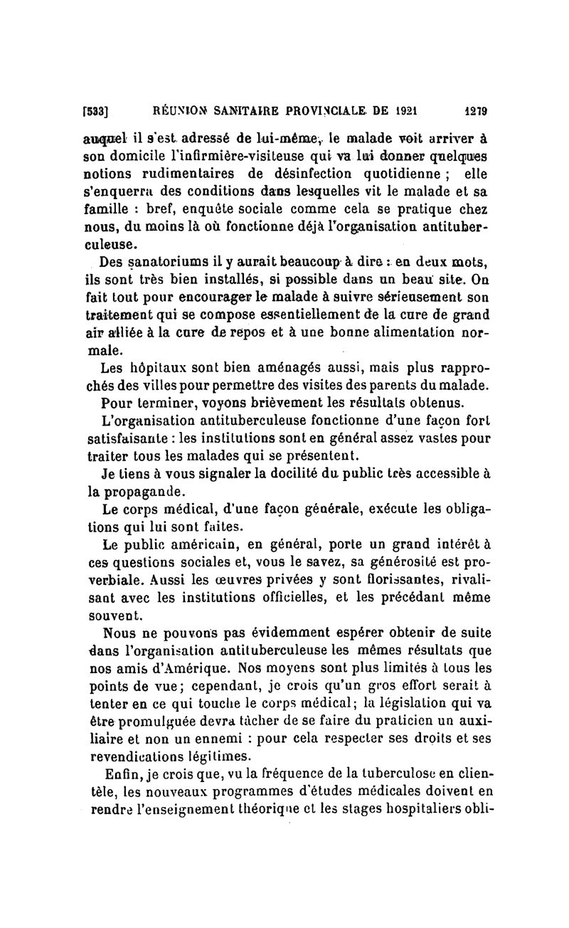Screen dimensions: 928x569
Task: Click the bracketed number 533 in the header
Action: [95, 112]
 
